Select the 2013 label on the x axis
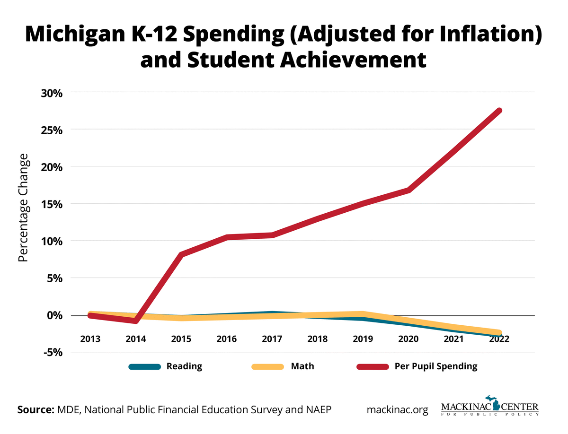point(90,339)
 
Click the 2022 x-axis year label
point(499,339)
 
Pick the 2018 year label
point(318,339)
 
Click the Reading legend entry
point(184,366)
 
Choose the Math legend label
point(302,366)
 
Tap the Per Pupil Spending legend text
point(435,366)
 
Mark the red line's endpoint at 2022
point(499,111)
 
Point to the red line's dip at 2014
point(136,321)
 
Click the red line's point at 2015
point(181,254)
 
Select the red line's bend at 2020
point(408,190)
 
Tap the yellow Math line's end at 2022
point(499,333)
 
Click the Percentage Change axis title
point(23,208)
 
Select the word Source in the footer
point(35,409)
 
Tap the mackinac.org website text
point(397,409)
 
